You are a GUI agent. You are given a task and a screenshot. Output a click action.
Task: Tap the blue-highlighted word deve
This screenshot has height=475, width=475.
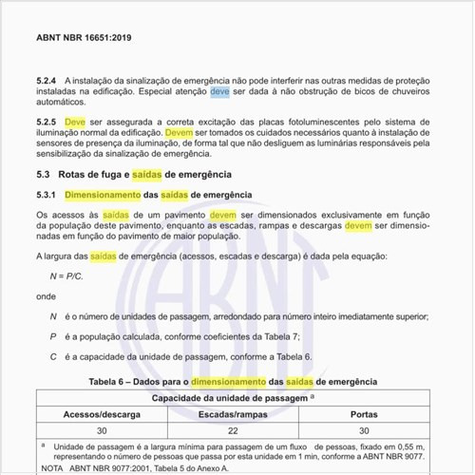coord(219,92)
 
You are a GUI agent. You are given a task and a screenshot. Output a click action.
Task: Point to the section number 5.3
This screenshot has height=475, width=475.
coord(43,175)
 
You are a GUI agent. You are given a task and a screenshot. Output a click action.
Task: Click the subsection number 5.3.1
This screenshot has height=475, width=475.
coord(47,194)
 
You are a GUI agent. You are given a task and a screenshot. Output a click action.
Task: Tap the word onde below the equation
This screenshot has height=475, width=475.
coord(46,295)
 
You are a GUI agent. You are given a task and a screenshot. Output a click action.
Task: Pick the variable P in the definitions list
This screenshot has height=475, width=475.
coord(53,335)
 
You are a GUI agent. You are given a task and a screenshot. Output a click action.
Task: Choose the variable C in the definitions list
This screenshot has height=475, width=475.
coord(53,356)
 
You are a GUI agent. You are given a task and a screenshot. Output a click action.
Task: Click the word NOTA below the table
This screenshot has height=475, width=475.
coord(53,468)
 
